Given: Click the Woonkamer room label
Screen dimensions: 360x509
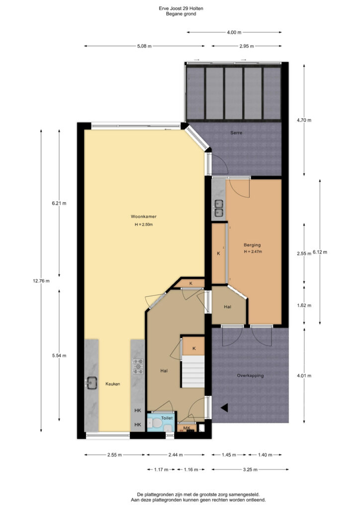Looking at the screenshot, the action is click(144, 217).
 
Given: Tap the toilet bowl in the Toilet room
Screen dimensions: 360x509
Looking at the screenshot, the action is click(157, 424).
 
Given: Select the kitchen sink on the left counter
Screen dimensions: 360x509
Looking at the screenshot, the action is click(91, 383).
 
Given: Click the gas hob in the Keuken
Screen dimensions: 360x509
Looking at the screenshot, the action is click(138, 366).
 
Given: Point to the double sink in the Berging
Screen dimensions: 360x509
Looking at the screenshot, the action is click(218, 208).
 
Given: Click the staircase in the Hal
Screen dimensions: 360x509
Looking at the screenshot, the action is click(193, 371).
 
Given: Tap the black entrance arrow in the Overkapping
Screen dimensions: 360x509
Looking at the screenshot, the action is click(224, 408).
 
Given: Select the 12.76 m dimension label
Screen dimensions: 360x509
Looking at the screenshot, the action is click(41, 281).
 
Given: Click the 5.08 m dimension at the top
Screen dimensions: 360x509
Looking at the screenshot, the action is click(144, 46).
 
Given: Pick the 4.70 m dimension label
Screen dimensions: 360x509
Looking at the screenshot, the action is click(304, 120).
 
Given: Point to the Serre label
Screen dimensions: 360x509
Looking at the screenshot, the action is click(236, 133).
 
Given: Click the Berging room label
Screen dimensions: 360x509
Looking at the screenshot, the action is click(252, 245).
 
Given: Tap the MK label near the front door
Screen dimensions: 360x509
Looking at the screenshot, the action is click(186, 428).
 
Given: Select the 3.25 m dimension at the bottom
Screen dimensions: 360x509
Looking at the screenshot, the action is click(250, 469).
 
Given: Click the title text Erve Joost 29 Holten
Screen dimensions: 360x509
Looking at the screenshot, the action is click(181, 8).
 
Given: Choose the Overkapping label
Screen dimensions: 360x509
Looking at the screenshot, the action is click(250, 376).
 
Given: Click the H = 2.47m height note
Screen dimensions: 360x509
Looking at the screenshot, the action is click(253, 252).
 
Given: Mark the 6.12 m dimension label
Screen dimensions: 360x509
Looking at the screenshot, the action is click(320, 252).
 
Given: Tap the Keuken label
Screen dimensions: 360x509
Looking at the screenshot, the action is click(113, 384).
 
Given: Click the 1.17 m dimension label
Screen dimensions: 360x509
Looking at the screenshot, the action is click(161, 469).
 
